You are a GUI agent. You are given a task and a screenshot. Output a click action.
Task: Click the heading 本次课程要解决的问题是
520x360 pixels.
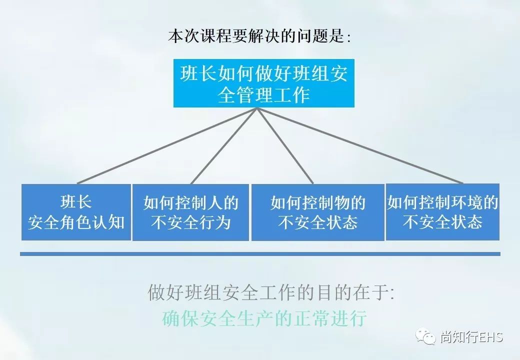click(259, 37)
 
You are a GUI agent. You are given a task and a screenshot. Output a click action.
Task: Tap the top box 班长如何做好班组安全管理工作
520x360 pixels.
click(263, 83)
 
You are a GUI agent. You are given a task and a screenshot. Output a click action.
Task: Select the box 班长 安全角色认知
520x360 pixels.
click(76, 212)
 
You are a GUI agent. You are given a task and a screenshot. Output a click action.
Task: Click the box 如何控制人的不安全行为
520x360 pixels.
click(190, 212)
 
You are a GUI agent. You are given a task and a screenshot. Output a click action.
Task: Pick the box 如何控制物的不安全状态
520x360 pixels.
click(317, 212)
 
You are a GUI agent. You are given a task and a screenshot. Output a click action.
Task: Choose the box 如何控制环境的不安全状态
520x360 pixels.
click(442, 212)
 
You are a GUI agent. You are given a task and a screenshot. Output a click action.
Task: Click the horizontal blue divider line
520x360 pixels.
click(260, 254)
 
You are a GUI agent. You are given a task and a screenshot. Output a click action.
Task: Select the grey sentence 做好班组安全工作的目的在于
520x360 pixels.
click(270, 292)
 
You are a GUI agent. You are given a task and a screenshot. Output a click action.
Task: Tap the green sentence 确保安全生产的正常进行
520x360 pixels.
click(264, 318)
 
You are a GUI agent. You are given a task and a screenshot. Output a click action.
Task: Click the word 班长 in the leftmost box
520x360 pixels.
click(76, 202)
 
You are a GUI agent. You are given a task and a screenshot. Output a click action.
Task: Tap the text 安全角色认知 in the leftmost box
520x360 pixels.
click(76, 222)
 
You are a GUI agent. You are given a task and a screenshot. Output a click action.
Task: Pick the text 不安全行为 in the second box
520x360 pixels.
click(190, 222)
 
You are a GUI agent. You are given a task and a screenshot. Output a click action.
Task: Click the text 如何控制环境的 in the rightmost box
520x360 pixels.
click(442, 202)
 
